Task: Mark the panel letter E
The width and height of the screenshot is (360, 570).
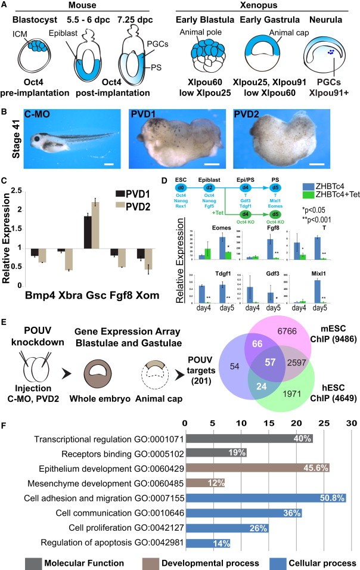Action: coord(6,304)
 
